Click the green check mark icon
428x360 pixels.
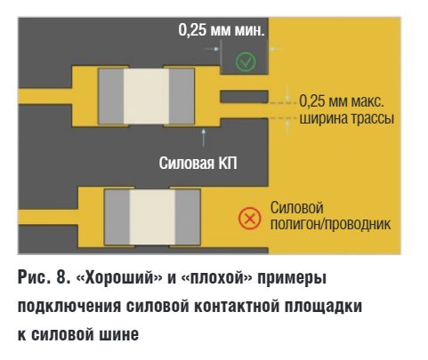point(246,61)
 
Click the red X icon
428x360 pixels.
point(250,219)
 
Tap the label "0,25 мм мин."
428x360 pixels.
point(222,30)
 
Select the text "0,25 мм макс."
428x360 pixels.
point(342,101)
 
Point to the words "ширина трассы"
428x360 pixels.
point(347,118)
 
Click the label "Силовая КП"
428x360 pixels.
point(198,163)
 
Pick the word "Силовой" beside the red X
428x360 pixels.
point(296,208)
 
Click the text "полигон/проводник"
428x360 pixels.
point(330,224)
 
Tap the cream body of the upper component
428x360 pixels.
point(146,96)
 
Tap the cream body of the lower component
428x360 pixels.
point(152,217)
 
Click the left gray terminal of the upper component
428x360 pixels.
point(111,96)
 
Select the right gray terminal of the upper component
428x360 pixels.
point(182,96)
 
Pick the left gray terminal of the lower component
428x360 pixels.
point(117,217)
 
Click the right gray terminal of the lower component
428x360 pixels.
point(188,217)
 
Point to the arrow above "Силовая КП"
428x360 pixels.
point(204,138)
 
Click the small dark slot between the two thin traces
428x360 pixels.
point(244,97)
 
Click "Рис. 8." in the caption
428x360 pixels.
point(44,278)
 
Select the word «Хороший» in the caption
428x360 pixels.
point(119,278)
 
